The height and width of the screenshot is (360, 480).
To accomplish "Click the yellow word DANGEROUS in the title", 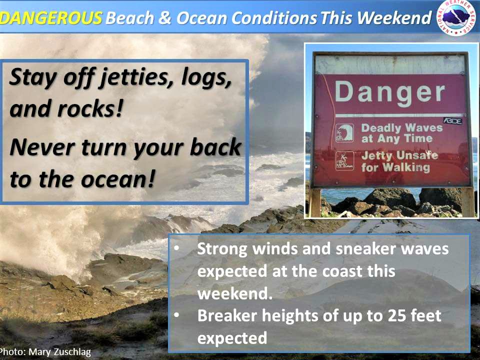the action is [x=51, y=18].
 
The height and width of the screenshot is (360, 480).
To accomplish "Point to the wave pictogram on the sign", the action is [x=344, y=133].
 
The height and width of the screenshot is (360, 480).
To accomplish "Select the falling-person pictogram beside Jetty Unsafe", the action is [x=344, y=160].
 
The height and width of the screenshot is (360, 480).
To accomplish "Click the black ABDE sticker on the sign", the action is [x=453, y=121].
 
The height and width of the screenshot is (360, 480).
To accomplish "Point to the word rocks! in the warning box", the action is [x=90, y=109].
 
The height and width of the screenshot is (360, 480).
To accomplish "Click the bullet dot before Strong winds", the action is [x=176, y=248].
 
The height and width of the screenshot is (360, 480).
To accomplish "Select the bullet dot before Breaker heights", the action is [x=176, y=314].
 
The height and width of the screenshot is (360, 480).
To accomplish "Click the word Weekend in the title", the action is [x=394, y=18].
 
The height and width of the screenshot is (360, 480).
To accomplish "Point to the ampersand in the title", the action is [x=165, y=18].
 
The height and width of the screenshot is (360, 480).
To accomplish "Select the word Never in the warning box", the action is [x=42, y=147].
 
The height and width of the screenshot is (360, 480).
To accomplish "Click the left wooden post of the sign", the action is [x=315, y=202].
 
